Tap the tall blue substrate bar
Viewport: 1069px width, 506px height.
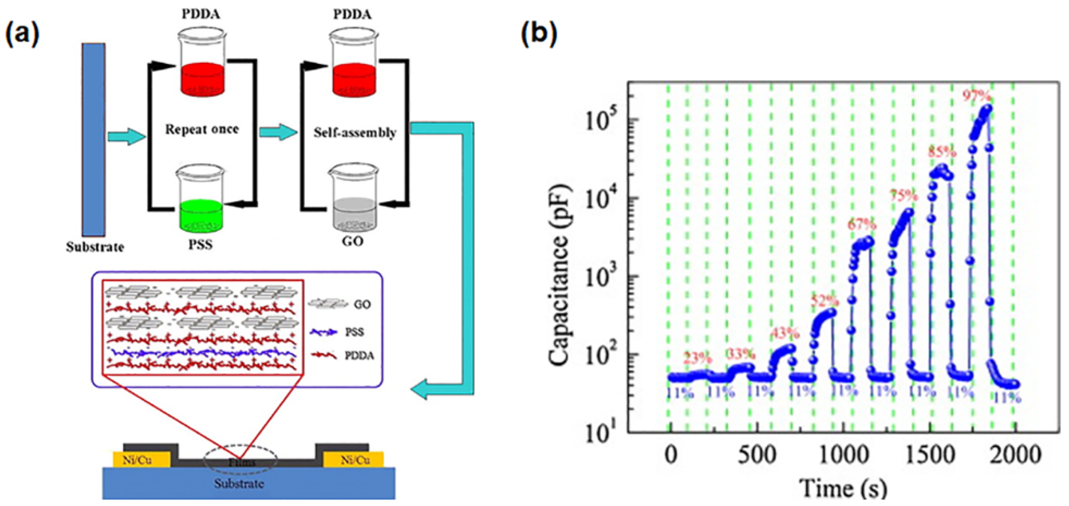point(94,139)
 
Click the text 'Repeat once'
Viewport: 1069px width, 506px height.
point(202,129)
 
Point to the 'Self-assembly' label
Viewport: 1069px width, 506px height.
point(355,133)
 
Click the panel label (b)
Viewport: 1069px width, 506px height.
point(538,34)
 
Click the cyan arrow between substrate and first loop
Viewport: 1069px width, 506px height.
point(126,136)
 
